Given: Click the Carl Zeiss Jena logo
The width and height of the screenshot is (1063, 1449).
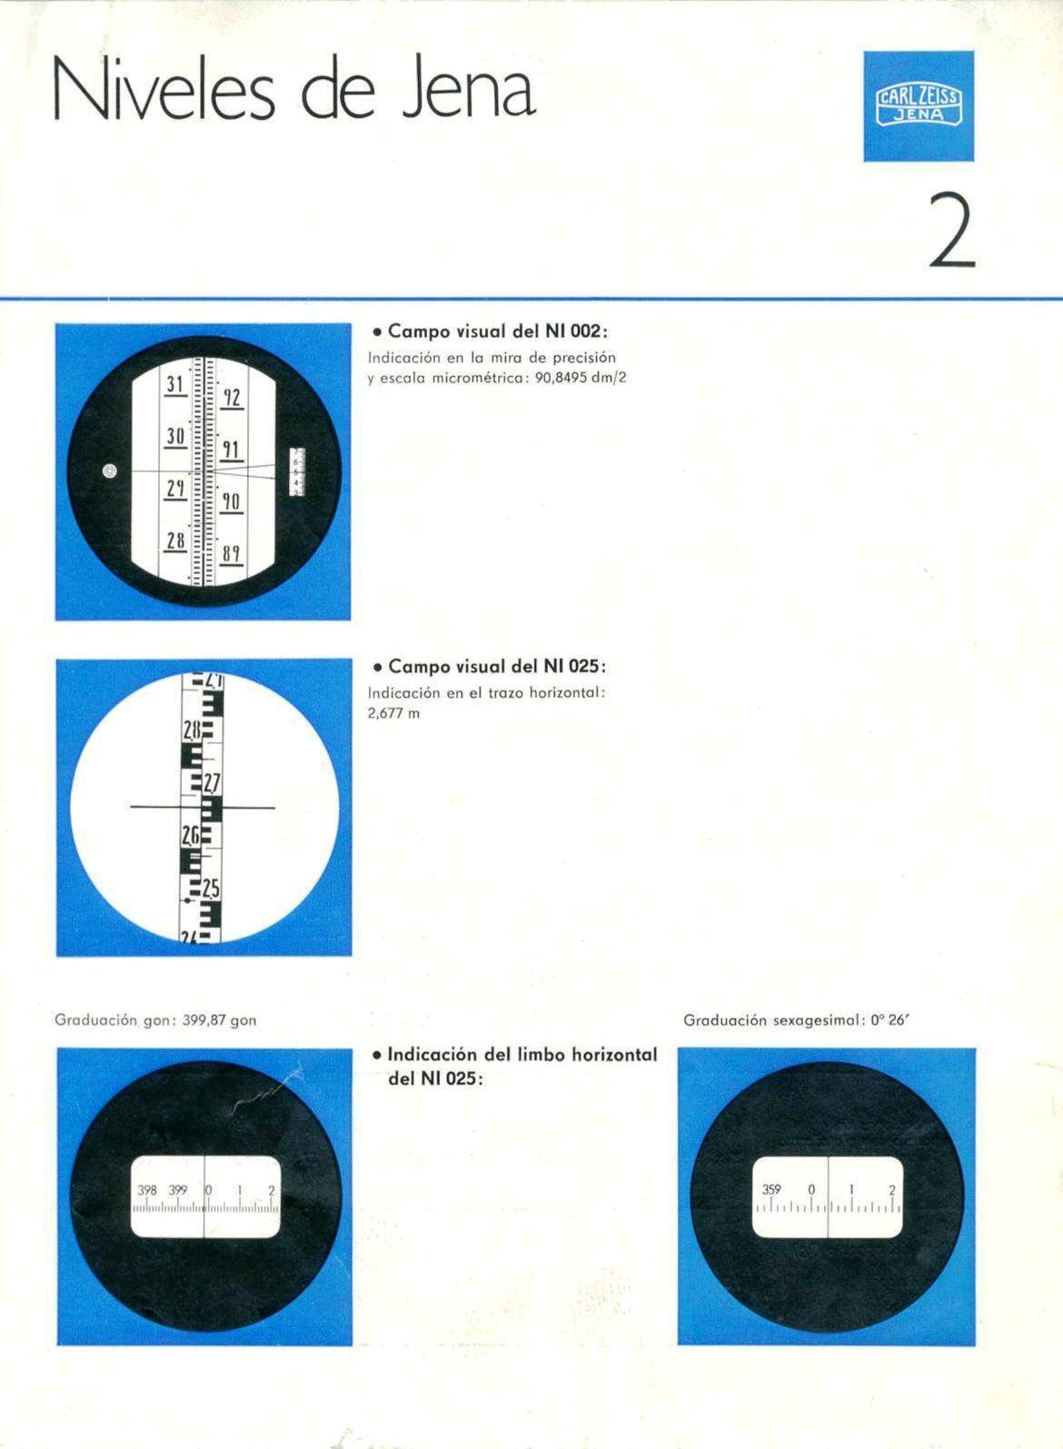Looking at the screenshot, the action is pyautogui.click(x=919, y=106).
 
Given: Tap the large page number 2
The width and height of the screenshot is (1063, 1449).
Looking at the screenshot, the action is pyautogui.click(x=952, y=231).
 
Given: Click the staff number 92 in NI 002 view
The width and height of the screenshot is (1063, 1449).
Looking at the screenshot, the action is pyautogui.click(x=232, y=398).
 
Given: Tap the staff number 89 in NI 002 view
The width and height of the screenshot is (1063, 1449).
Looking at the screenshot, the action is pyautogui.click(x=232, y=554).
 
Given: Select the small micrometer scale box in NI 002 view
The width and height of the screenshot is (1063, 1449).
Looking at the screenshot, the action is pyautogui.click(x=297, y=471).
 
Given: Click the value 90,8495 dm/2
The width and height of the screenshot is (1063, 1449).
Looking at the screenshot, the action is pyautogui.click(x=581, y=378).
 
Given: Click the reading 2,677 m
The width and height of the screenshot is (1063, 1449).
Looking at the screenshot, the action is pyautogui.click(x=393, y=713).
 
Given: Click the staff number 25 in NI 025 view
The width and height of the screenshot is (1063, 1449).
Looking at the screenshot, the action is pyautogui.click(x=212, y=890).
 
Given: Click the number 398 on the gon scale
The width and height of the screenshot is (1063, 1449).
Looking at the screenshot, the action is pyautogui.click(x=147, y=1190).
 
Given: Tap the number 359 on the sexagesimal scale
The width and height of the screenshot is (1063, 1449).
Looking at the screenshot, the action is pyautogui.click(x=771, y=1188).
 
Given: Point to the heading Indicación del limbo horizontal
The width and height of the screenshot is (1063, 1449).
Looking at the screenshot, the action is pyautogui.click(x=522, y=1055).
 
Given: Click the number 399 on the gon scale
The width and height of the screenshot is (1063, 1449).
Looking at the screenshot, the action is pyautogui.click(x=178, y=1190).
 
